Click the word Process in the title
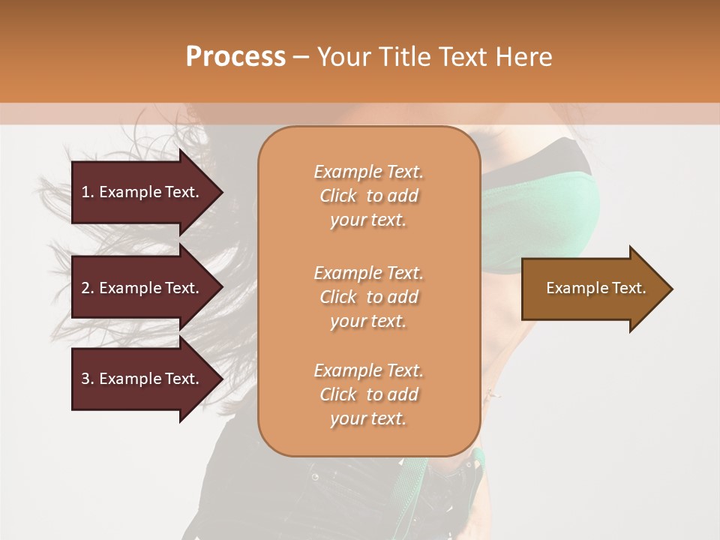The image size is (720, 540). coord(235,57)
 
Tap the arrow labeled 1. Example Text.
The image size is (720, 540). coord(141,192)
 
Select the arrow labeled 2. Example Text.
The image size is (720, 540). coord(141,288)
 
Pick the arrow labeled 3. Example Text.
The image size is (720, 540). coord(141,379)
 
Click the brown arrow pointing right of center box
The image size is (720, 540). coord(592,289)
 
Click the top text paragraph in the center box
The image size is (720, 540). coord(368,196)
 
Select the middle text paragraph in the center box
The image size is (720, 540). coord(368,297)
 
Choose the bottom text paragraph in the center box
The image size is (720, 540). coord(368,394)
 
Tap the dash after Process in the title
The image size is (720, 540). coord(301,57)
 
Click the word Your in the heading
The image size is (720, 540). coord(346,57)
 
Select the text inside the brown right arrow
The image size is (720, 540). coord(595,288)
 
